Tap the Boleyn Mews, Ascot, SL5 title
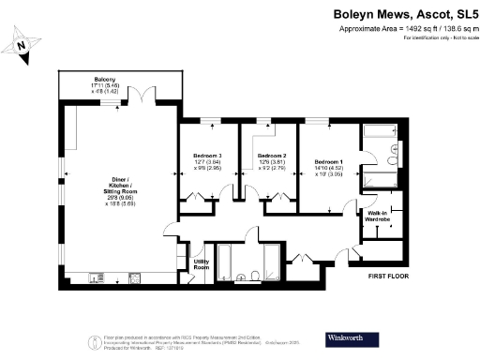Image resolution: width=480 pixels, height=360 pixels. (x=406, y=14)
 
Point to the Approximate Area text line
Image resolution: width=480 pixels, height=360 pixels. (x=408, y=29)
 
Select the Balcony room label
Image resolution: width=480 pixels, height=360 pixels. (x=104, y=79)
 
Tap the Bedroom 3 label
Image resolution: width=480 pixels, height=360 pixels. (x=207, y=155)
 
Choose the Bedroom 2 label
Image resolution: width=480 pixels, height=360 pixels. (x=271, y=155)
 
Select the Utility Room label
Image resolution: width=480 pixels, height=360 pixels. (x=201, y=264)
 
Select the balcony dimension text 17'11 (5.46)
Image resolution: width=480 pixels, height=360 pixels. (x=104, y=85)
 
